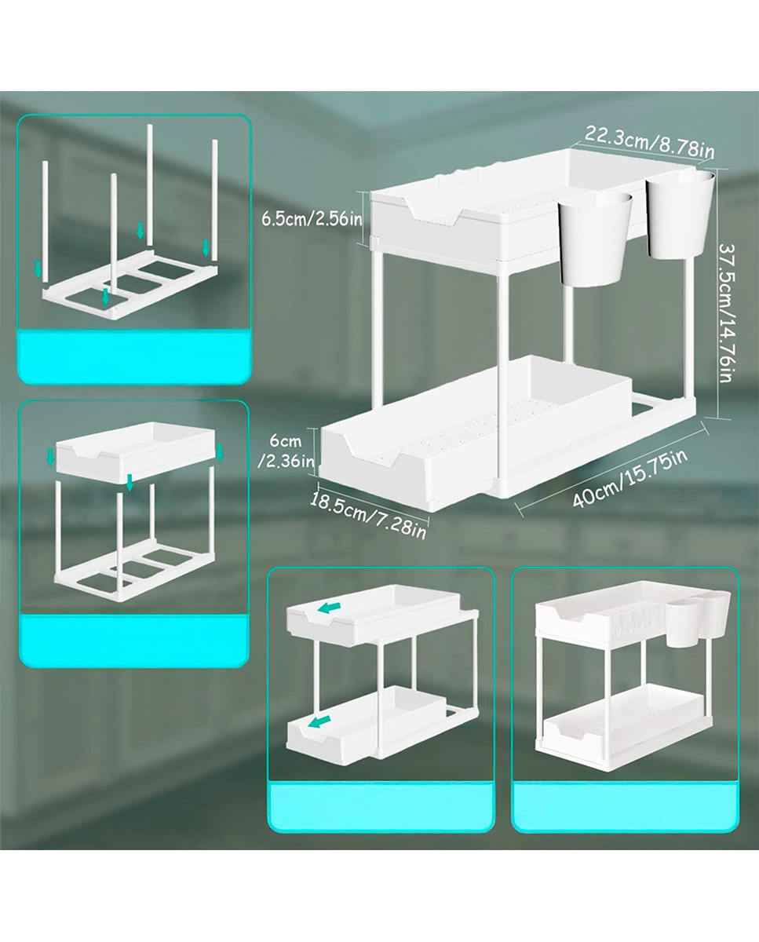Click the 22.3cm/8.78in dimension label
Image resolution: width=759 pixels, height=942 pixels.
(x=649, y=141)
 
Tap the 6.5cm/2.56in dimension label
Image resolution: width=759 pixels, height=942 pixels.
(x=312, y=218)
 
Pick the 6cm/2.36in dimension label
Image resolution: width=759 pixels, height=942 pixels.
(x=286, y=451)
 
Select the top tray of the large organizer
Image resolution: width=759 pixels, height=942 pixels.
(x=508, y=206)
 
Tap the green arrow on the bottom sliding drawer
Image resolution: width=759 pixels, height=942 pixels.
(x=319, y=722)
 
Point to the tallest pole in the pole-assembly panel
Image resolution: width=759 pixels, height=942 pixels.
(x=149, y=184)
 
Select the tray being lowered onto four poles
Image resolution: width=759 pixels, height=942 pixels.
(x=135, y=451)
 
